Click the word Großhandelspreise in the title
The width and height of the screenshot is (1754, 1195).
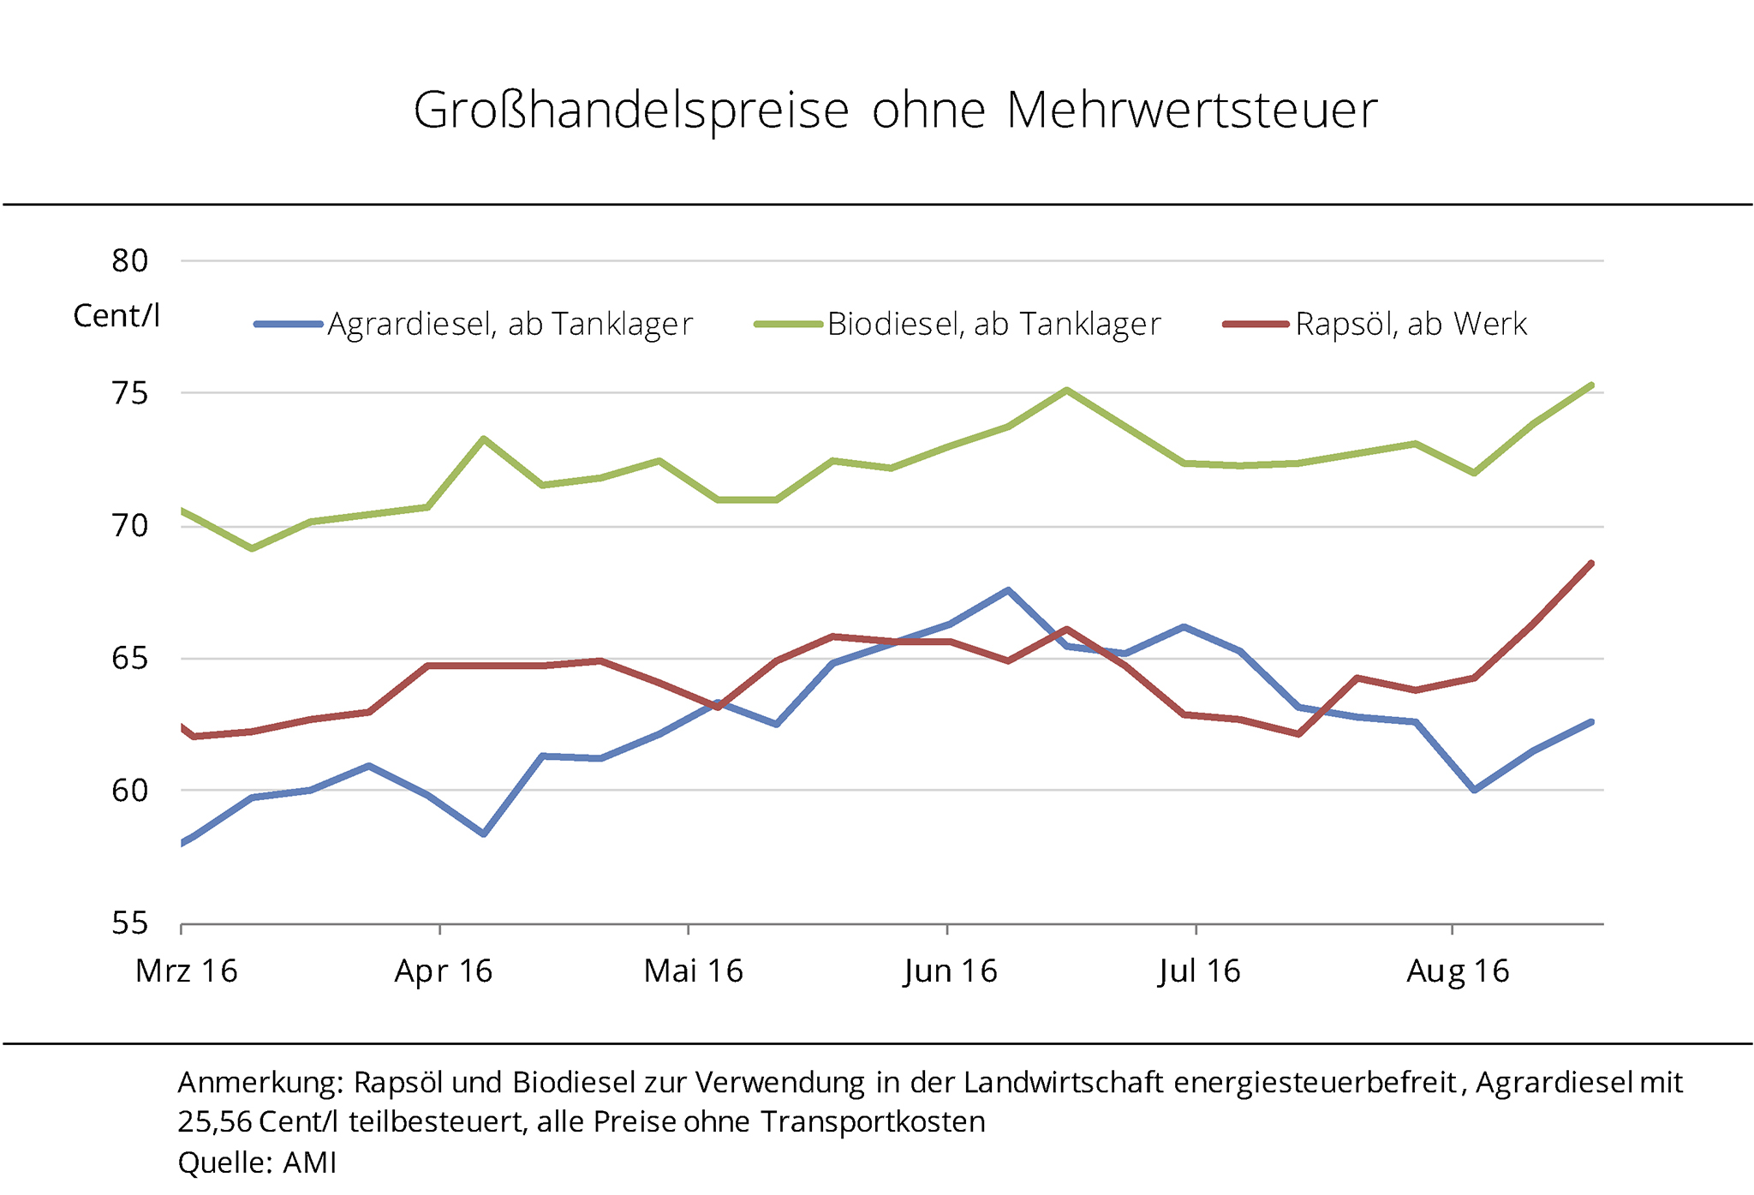631,111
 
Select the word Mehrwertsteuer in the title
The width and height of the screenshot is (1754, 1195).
1191,111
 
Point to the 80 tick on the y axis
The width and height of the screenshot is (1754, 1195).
130,260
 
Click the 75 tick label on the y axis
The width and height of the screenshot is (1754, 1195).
130,393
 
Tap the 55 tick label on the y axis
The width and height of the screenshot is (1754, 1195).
130,923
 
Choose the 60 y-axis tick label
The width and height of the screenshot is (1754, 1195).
130,791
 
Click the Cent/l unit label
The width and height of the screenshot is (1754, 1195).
116,316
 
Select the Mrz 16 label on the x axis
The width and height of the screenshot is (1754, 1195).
187,971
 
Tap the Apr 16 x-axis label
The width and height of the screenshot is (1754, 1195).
443,971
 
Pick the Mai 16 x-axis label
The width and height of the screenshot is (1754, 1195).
693,971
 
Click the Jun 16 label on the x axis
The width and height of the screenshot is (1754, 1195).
950,971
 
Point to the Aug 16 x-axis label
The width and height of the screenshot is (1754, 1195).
1457,971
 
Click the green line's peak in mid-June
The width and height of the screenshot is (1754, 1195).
1066,391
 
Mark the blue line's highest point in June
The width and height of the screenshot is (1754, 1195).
1008,590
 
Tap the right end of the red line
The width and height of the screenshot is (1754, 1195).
1590,564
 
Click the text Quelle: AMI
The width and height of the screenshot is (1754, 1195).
257,1162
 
